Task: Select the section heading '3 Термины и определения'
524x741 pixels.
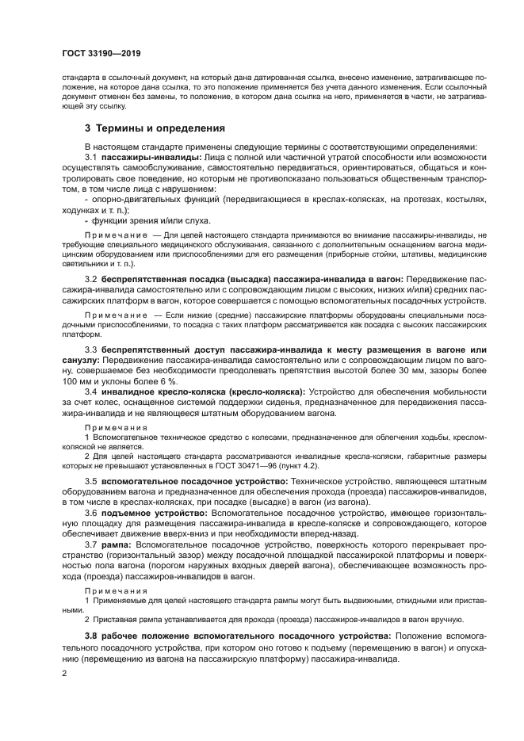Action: (155, 128)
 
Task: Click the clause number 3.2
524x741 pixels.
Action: (91, 280)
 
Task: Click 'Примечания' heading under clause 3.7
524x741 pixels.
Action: (116, 590)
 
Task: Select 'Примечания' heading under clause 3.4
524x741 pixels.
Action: (116, 426)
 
